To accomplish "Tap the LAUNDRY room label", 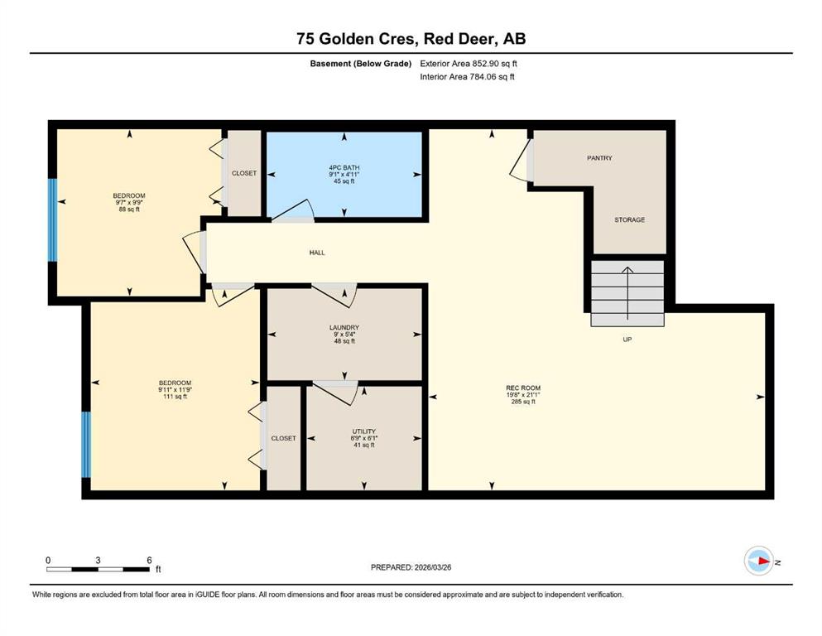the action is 344,328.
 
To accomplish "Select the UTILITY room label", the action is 364,431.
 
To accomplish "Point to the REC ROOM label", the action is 523,388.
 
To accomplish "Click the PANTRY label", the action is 599,158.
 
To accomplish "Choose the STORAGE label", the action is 630,219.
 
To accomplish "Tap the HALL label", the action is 317,253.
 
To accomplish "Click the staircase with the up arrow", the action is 627,293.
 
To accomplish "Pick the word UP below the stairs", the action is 627,340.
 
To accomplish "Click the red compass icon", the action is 758,561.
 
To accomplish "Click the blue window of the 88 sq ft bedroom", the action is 52,220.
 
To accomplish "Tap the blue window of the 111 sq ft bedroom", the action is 86,445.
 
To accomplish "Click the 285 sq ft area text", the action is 523,402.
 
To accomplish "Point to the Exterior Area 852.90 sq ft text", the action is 469,64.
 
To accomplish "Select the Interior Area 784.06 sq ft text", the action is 467,76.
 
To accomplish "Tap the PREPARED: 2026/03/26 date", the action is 411,567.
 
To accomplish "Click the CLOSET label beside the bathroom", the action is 244,173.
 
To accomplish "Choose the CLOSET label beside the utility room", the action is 284,438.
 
